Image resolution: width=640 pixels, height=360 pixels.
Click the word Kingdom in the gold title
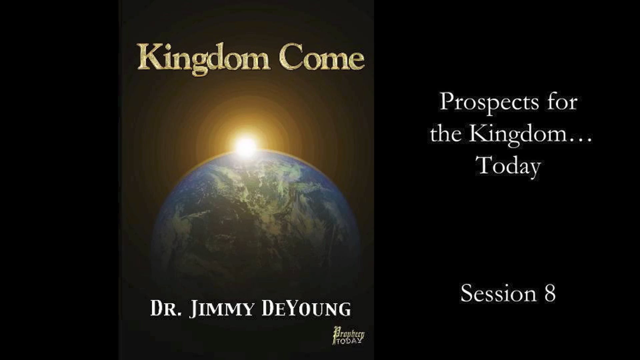pyautogui.click(x=203, y=58)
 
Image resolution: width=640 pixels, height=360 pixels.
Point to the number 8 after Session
pyautogui.click(x=550, y=293)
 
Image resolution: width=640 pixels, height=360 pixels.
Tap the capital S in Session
pyautogui.click(x=467, y=293)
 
